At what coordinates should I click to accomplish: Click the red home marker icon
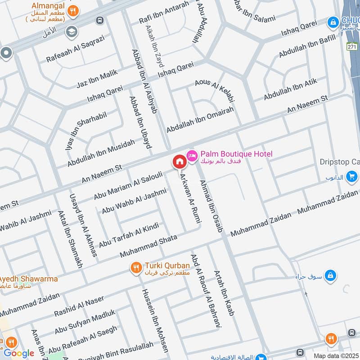179,162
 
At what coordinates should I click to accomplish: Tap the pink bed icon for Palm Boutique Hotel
193,155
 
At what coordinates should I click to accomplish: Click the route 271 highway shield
353,46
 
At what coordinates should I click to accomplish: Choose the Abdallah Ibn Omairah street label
200,116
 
